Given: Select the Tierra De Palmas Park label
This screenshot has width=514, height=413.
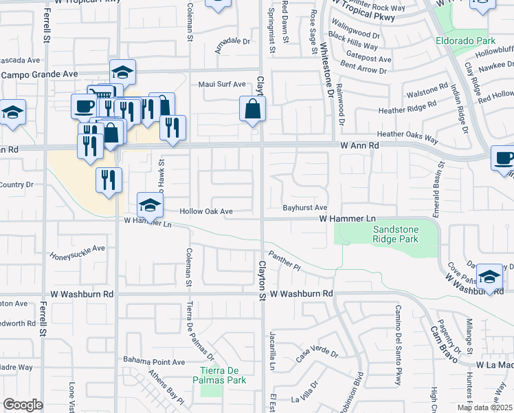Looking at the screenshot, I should [217, 375].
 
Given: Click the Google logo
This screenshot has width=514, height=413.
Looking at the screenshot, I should [23, 405].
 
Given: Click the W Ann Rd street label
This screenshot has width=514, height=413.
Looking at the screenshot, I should [359, 146].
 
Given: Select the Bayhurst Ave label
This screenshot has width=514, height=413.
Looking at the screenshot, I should [305, 207].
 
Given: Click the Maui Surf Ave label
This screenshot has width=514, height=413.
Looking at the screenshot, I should [222, 85].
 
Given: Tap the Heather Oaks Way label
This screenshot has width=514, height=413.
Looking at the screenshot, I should [407, 138].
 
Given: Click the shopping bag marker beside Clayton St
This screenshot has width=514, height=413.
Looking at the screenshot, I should [252, 109].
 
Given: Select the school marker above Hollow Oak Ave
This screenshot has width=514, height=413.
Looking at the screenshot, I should [150, 204].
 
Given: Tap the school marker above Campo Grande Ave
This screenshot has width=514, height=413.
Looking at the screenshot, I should [122, 72].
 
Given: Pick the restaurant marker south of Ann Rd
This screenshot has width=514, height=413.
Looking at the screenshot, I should [109, 180].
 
